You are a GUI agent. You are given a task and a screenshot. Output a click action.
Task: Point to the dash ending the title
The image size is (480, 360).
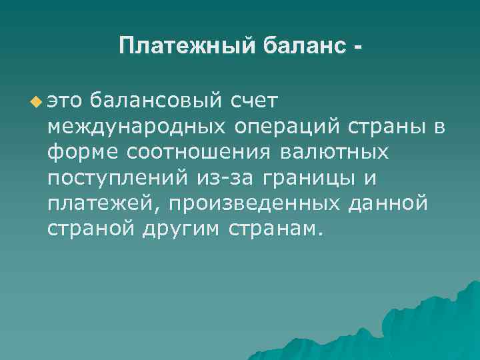360,48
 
